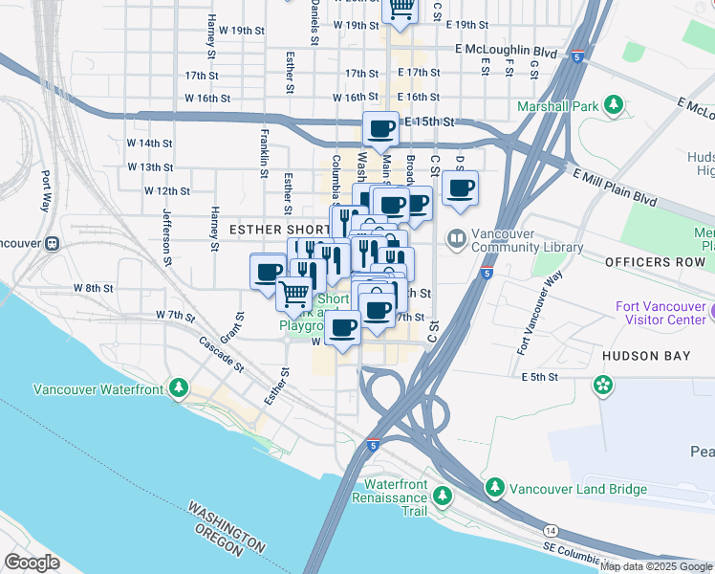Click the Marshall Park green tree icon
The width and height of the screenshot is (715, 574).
613,105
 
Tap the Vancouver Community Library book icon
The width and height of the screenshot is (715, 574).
457,237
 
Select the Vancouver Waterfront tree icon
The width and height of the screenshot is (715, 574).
178,387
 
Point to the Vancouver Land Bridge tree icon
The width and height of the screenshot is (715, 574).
494,489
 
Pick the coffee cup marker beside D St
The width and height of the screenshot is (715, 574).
460,188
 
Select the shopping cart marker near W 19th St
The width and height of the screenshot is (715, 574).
401,9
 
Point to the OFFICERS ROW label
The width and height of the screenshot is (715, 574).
655,261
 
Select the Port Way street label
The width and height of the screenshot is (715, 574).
45,191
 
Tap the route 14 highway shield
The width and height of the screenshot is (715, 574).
551,530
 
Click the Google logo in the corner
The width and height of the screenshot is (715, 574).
31,563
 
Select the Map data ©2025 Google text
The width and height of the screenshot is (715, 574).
656,566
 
